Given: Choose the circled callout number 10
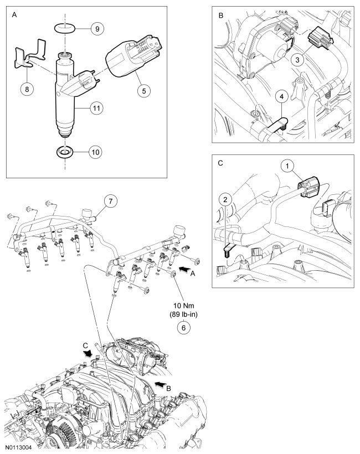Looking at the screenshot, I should coord(96,151).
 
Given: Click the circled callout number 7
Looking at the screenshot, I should coord(110,201).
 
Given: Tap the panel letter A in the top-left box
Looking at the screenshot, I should coord(14,16).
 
